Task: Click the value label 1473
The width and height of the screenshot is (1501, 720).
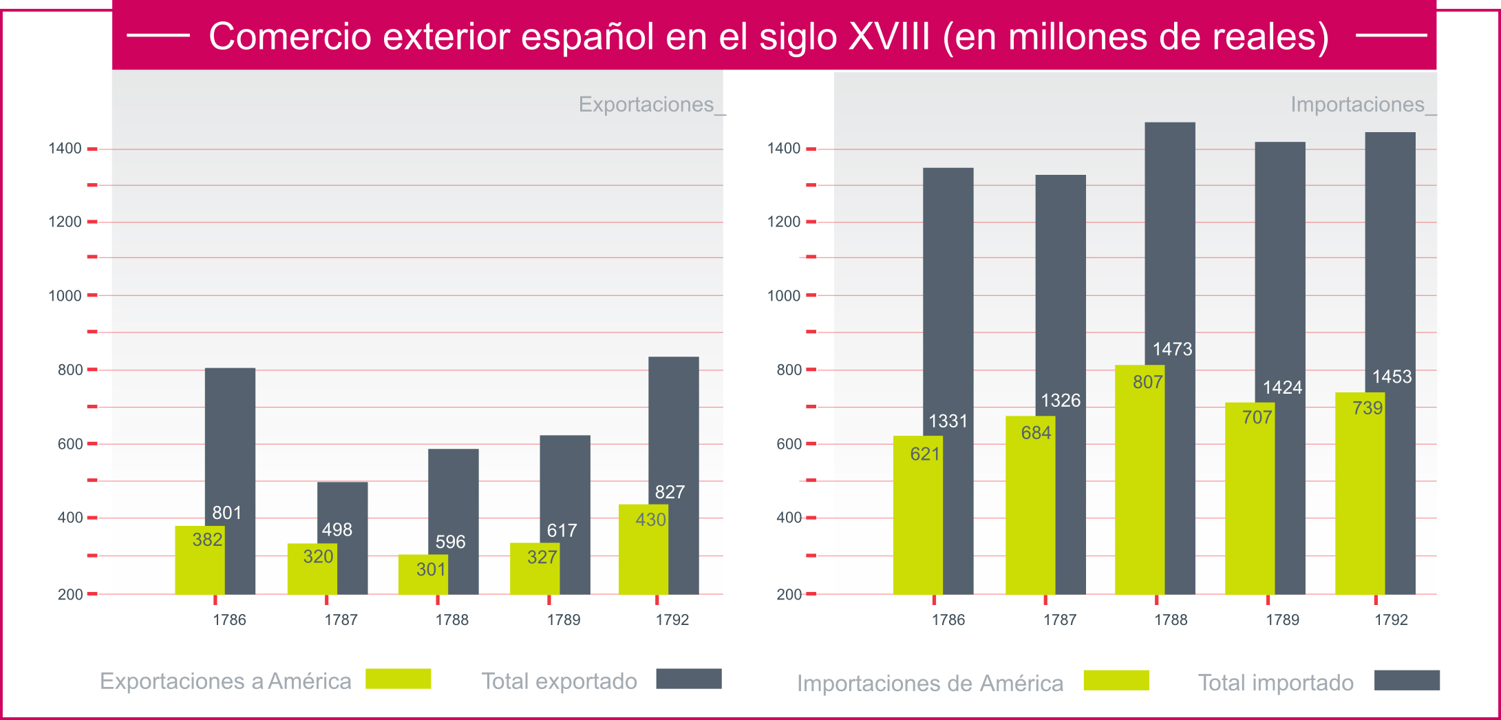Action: pyautogui.click(x=1172, y=350)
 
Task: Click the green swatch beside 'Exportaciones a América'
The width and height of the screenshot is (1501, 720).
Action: pyautogui.click(x=398, y=679)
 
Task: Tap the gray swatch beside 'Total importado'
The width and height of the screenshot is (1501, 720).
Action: pyautogui.click(x=1406, y=680)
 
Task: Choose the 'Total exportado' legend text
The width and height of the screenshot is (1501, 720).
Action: pyautogui.click(x=559, y=681)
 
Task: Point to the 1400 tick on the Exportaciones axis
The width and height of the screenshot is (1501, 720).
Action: pyautogui.click(x=65, y=149)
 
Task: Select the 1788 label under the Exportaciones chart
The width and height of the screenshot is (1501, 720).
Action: pyautogui.click(x=451, y=620)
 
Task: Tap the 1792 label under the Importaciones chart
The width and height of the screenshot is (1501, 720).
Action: pyautogui.click(x=1391, y=620)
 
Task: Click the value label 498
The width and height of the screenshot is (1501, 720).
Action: pyautogui.click(x=337, y=530)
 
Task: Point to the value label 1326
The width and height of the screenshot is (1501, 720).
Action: pyautogui.click(x=1060, y=401)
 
